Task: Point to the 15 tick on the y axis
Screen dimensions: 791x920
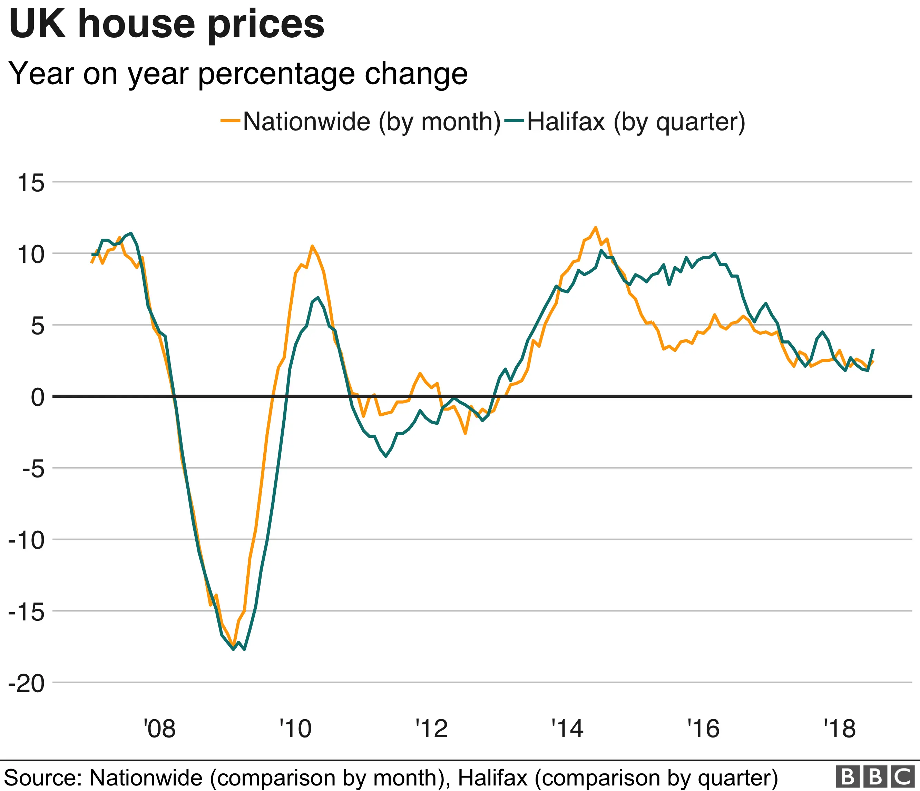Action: pos(31,183)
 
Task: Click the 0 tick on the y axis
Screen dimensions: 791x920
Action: pos(38,397)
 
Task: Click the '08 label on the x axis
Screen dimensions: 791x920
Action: pos(159,729)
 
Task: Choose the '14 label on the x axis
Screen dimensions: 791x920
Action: pos(567,729)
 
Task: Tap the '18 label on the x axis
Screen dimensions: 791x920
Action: pos(839,729)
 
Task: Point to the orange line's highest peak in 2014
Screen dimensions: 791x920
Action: pos(595,228)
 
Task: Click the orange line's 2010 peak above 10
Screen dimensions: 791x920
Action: pos(312,245)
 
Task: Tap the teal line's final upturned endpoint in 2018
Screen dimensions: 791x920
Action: pos(873,349)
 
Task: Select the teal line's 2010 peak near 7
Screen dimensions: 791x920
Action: pos(318,298)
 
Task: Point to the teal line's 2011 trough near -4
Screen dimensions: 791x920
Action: pos(385,456)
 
